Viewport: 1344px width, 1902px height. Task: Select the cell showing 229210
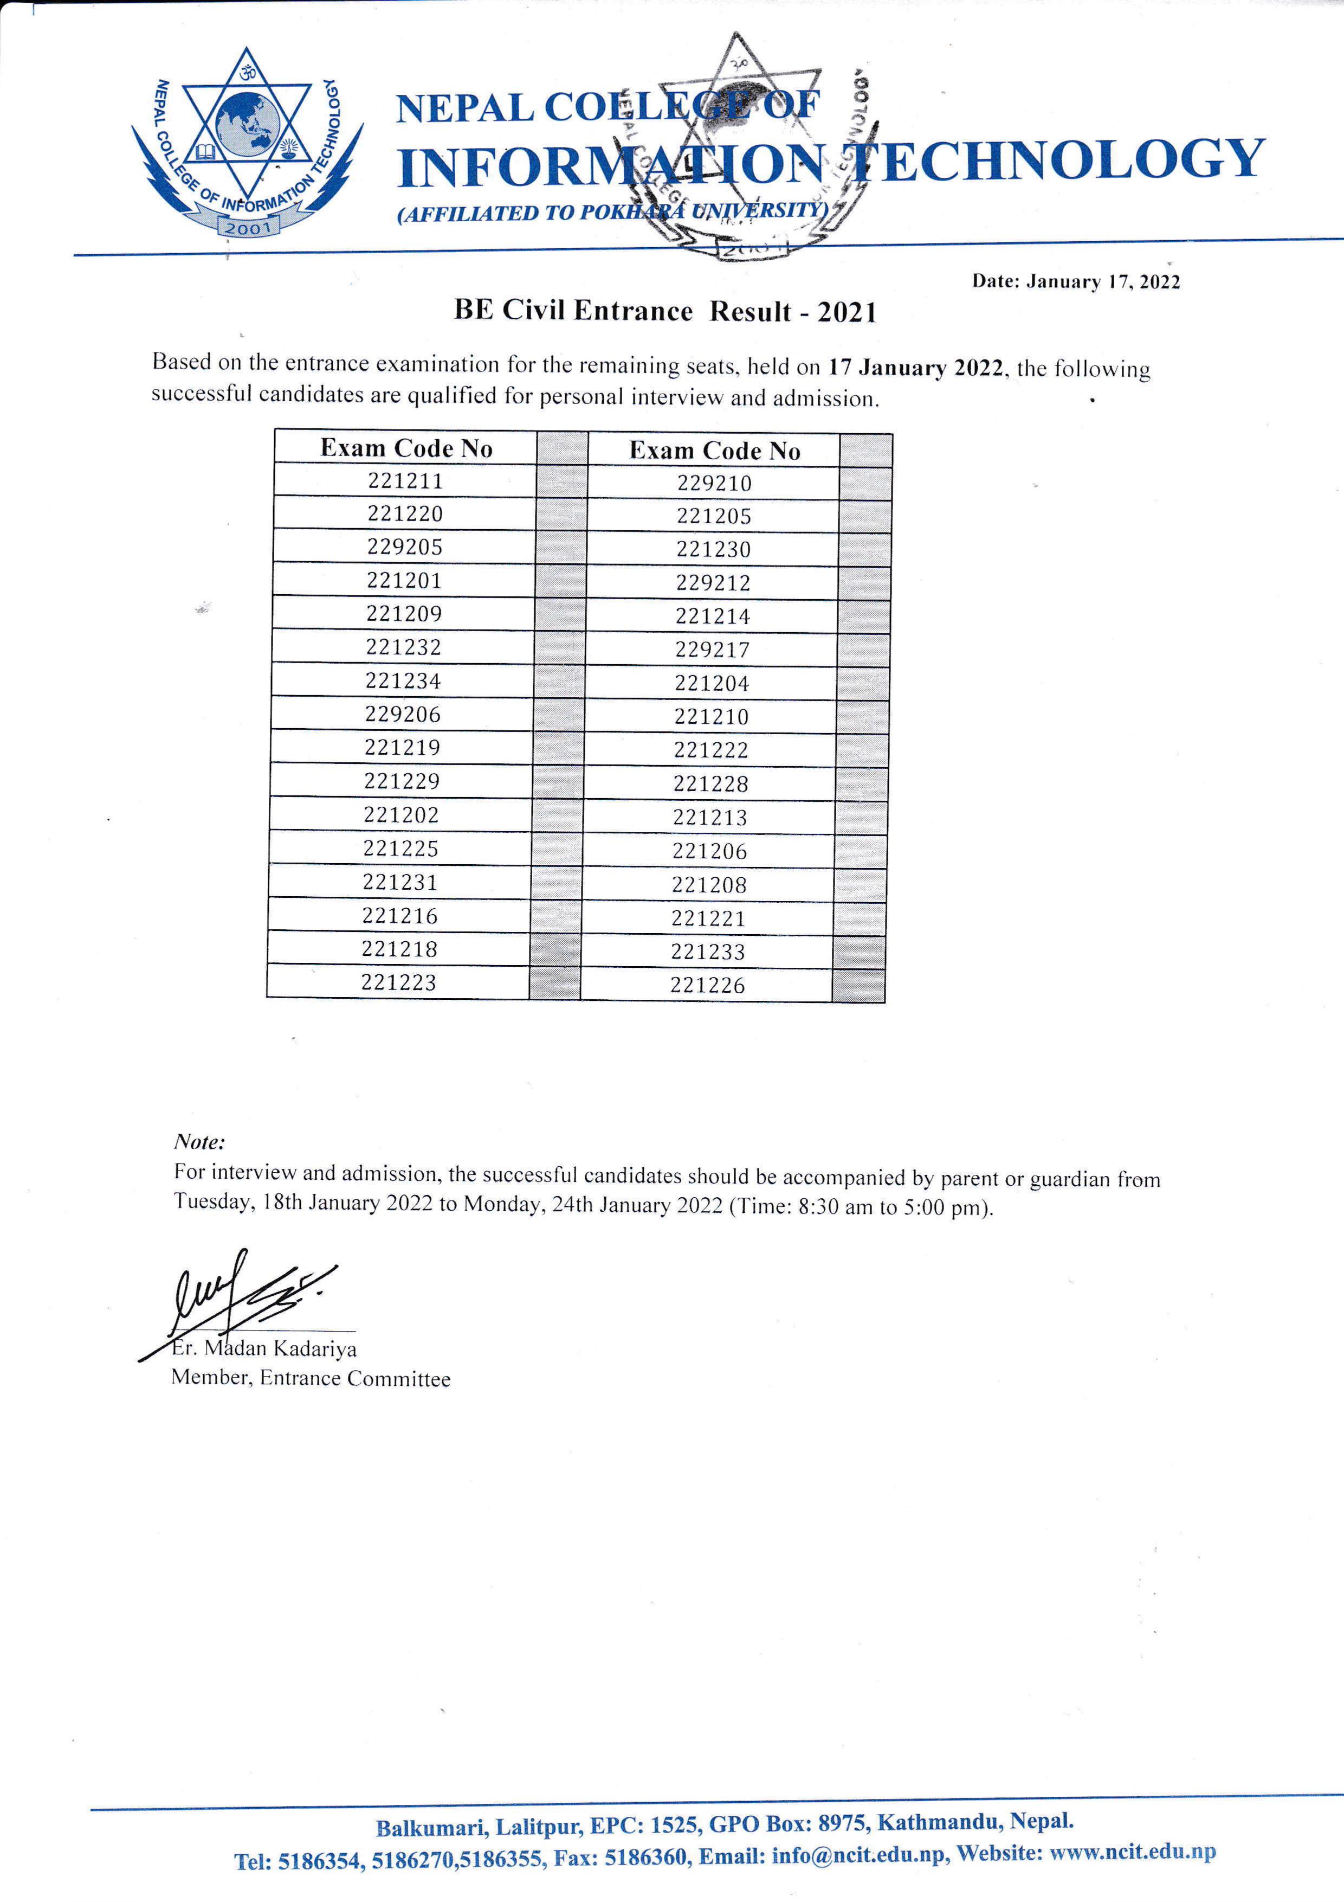pyautogui.click(x=714, y=483)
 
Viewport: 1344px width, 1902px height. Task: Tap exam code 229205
pyautogui.click(x=405, y=547)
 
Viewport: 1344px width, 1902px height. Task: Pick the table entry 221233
pyautogui.click(x=708, y=952)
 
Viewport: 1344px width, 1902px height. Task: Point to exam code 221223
pyautogui.click(x=398, y=982)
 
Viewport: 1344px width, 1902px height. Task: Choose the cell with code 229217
pyautogui.click(x=712, y=650)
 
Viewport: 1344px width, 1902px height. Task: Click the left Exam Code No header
pyautogui.click(x=406, y=448)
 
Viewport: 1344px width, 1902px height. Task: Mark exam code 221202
pyautogui.click(x=401, y=814)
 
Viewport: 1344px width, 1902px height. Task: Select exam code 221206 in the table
pyautogui.click(x=710, y=851)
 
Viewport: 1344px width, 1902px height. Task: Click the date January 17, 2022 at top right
pyautogui.click(x=1076, y=281)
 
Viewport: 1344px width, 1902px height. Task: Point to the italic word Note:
pyautogui.click(x=199, y=1141)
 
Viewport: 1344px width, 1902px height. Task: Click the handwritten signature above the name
pyautogui.click(x=248, y=1292)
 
